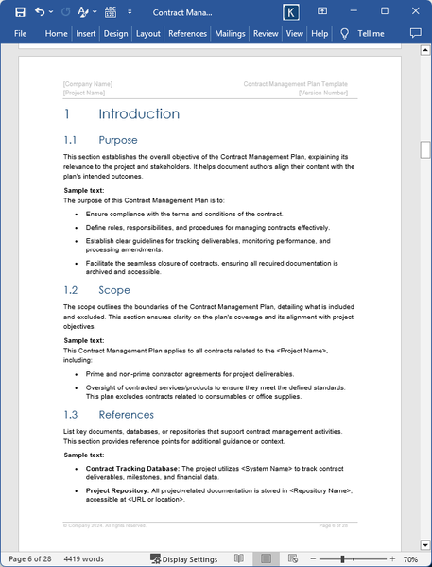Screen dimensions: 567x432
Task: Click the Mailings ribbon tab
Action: [230, 33]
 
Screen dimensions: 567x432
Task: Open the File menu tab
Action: [21, 33]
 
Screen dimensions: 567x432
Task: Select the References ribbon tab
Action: [187, 33]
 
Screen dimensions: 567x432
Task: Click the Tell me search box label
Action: [371, 33]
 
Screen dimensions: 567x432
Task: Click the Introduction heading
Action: [138, 114]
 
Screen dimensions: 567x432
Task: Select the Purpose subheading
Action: [117, 140]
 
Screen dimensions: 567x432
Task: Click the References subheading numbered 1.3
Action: [126, 415]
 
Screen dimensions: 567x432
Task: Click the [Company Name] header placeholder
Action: [87, 84]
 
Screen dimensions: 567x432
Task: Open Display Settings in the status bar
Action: [183, 559]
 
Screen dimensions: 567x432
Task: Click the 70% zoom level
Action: [411, 559]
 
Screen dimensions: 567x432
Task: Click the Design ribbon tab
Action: [115, 33]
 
